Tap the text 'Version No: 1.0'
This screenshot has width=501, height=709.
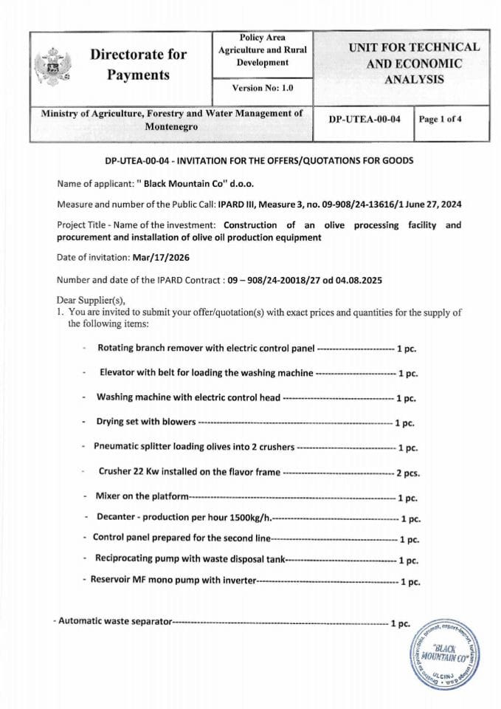coord(262,88)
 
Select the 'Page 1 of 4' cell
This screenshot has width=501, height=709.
coord(440,118)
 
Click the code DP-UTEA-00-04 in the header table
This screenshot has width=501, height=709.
coord(364,118)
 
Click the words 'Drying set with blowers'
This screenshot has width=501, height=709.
coord(146,422)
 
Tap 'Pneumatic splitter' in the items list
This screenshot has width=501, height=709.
coord(132,447)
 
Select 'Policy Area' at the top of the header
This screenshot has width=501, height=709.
coord(262,38)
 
